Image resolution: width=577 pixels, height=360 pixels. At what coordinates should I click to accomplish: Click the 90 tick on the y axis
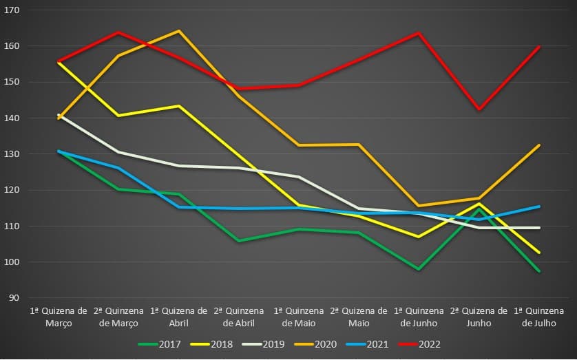pos(14,298)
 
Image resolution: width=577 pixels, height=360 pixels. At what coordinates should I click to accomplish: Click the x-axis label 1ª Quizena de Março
pos(59,317)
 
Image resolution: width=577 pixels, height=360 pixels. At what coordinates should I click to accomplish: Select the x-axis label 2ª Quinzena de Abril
pos(239,317)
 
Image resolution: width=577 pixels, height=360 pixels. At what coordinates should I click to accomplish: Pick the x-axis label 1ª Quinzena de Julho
pos(539,317)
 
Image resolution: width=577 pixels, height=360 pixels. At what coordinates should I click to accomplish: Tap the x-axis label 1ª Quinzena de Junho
pos(419,317)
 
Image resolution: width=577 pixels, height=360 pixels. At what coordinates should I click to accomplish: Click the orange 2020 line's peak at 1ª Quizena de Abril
pos(179,31)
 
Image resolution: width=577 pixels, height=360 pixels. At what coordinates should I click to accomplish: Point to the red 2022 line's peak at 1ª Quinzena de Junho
pos(419,33)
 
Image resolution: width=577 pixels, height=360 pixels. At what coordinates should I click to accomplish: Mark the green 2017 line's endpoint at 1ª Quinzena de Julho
pos(539,271)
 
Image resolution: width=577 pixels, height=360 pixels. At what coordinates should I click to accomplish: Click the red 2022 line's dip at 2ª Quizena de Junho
pos(479,109)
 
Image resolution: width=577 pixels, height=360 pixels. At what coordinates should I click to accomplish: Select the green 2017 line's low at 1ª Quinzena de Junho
pos(419,269)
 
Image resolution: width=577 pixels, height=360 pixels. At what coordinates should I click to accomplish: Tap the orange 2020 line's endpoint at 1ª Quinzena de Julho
pos(539,145)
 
